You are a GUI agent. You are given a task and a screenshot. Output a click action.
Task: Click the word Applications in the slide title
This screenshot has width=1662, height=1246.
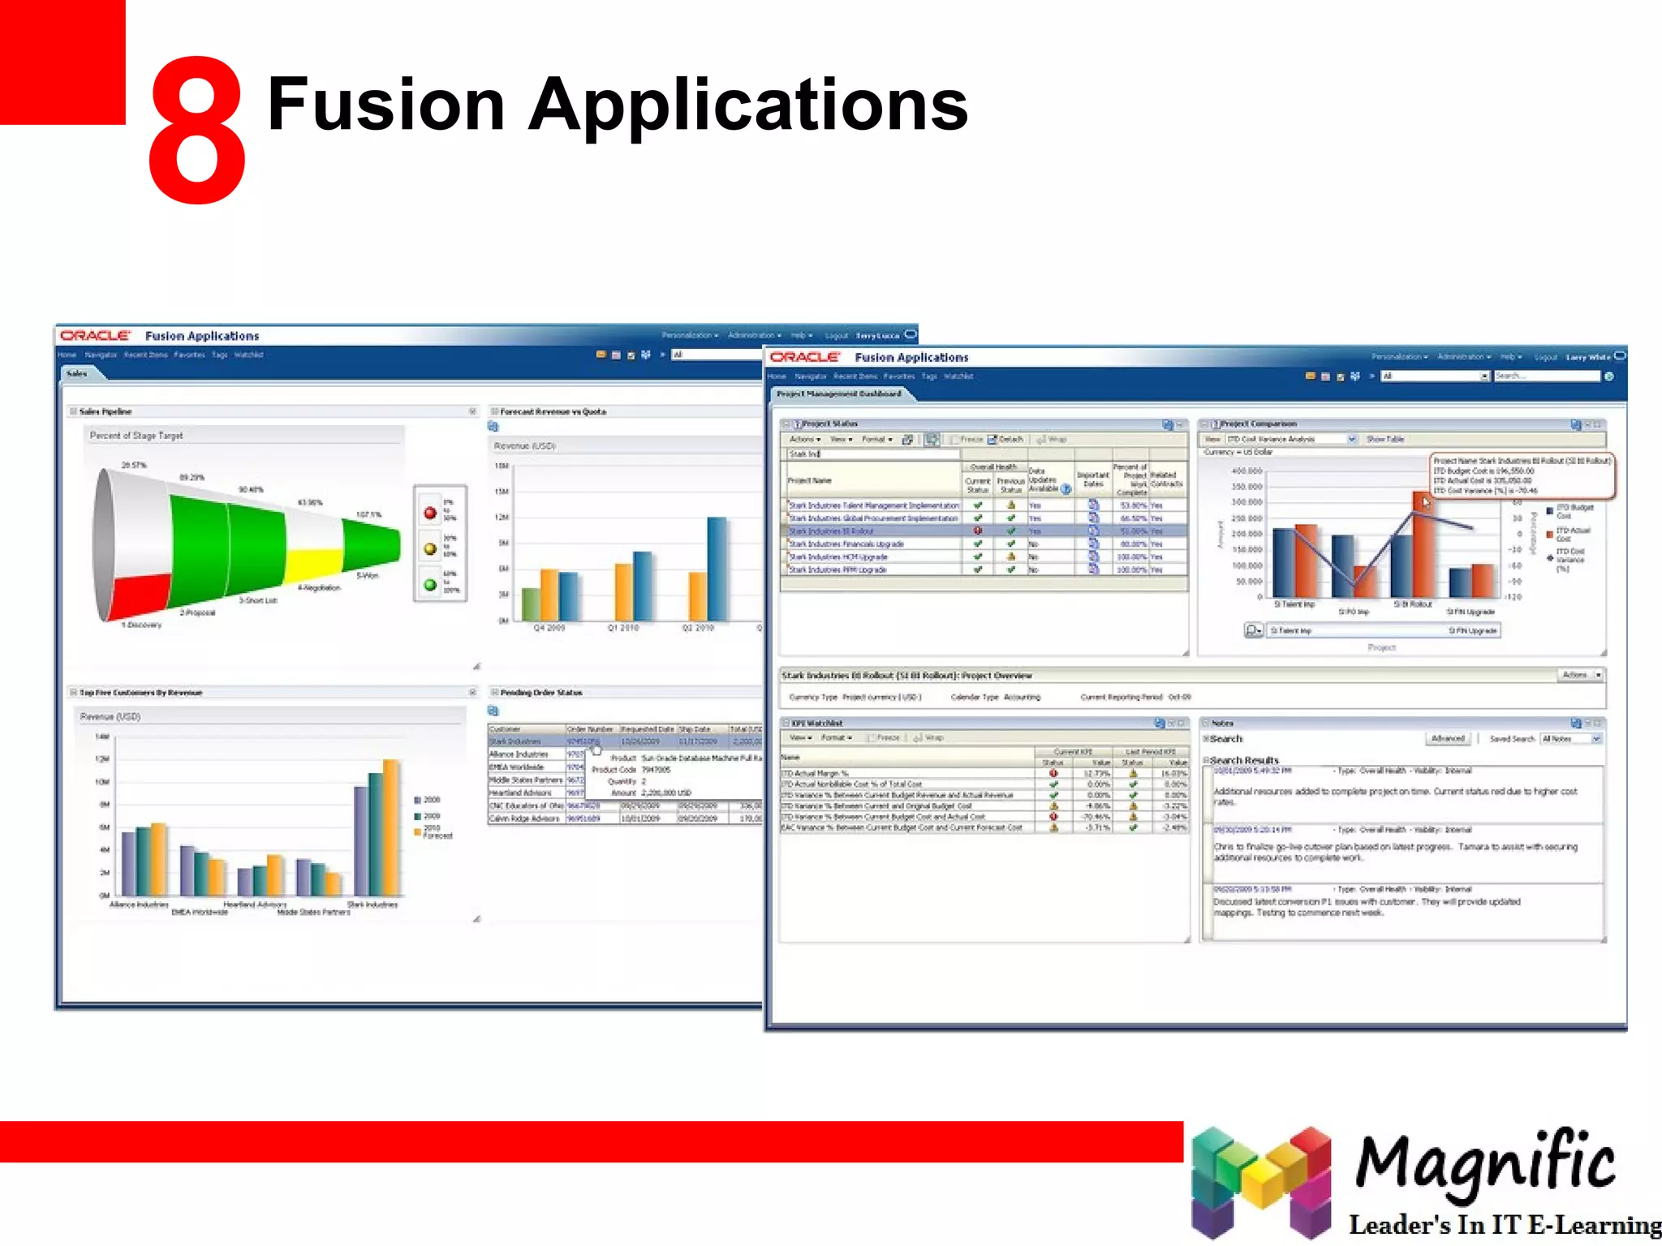click(748, 105)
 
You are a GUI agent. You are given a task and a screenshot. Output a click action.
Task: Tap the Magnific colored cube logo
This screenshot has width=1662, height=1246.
click(1260, 1182)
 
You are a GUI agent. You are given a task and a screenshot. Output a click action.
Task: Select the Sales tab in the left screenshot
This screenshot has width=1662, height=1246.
click(77, 374)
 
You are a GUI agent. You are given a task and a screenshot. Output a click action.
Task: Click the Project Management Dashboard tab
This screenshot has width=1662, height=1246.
click(839, 394)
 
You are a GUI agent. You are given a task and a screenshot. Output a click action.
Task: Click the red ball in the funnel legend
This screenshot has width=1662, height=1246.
click(430, 513)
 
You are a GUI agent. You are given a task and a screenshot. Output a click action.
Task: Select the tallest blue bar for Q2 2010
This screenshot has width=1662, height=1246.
click(717, 568)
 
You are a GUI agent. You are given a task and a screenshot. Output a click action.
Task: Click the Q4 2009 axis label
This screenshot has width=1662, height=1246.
click(549, 629)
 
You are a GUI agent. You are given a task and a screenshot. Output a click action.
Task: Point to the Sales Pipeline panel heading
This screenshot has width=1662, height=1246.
click(105, 412)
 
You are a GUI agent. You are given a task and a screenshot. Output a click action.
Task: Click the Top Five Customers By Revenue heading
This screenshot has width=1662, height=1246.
click(141, 693)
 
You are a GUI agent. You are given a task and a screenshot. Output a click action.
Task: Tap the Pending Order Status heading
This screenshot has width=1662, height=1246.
click(541, 693)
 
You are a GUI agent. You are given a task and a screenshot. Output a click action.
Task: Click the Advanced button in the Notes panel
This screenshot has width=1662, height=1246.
click(1448, 739)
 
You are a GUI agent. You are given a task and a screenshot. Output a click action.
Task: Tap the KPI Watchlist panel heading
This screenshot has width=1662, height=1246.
click(817, 723)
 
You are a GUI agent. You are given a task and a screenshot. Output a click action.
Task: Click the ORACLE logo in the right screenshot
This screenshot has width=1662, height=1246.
click(804, 357)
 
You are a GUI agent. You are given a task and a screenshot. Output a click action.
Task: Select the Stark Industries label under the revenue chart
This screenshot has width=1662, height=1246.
click(372, 904)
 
